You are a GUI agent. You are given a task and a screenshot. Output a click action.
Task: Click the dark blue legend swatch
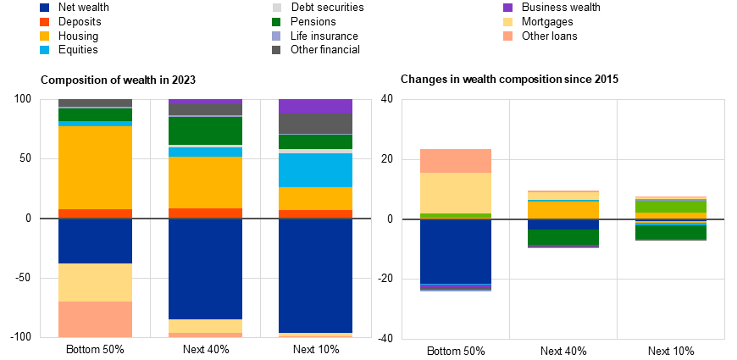click(44, 8)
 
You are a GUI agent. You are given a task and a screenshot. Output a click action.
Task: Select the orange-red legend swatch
click(44, 22)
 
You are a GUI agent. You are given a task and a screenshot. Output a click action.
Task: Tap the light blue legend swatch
click(44, 50)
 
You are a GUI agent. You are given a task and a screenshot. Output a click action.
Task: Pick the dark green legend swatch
click(277, 22)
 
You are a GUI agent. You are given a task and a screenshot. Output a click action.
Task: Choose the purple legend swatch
click(508, 8)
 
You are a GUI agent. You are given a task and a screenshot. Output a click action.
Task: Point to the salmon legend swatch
click(508, 36)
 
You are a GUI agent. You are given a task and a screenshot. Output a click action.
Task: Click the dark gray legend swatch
click(277, 50)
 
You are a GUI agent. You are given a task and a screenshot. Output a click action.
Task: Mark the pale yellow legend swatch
click(508, 22)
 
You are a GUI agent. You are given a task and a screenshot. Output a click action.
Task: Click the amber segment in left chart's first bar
click(95, 168)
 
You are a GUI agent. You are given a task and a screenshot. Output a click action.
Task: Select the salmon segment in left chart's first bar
click(95, 319)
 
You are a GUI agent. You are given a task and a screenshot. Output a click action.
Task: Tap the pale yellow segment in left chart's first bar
click(95, 282)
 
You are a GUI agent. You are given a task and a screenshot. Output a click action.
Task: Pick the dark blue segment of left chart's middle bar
click(205, 269)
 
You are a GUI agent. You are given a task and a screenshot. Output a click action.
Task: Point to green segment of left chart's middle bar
click(205, 130)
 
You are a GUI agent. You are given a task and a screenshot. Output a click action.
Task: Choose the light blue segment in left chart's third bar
click(315, 170)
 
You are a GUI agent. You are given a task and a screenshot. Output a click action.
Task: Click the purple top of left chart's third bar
click(315, 106)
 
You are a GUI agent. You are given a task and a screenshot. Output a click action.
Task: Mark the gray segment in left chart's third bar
click(315, 124)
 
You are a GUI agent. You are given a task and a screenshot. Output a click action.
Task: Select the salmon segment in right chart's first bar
click(456, 161)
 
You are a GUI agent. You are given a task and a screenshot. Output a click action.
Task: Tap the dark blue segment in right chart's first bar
click(456, 252)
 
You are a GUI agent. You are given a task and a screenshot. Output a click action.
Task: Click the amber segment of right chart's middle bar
click(563, 209)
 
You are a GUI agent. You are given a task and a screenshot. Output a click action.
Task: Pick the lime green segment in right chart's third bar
click(671, 206)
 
